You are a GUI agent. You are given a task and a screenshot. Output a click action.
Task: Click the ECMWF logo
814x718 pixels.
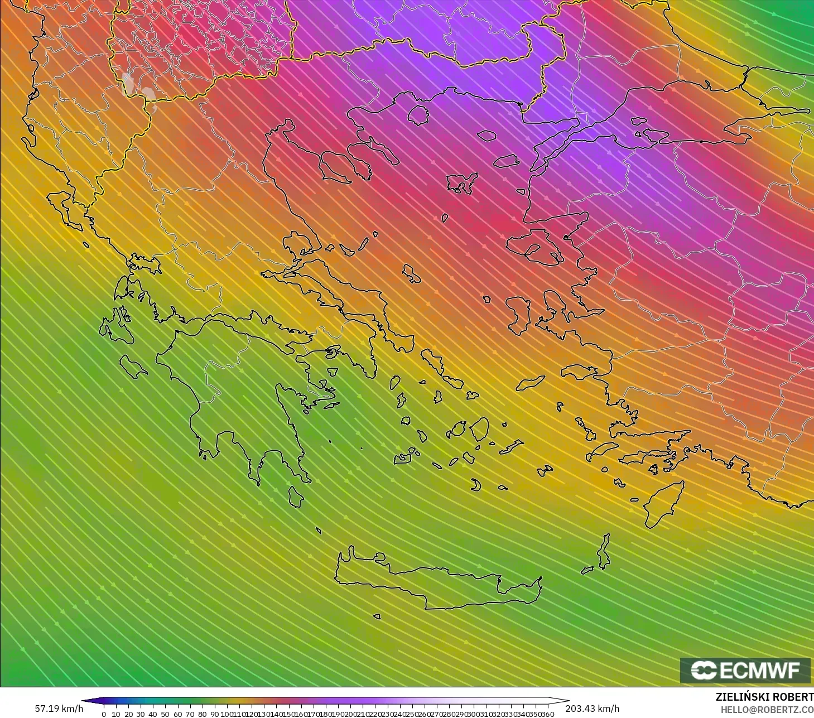coord(745,670)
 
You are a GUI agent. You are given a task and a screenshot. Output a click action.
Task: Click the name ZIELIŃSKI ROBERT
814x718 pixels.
coord(764,697)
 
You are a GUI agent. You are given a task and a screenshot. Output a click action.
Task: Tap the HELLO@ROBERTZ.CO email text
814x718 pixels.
coord(767,709)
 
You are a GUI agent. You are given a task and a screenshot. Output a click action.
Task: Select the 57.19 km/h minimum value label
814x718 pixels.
coord(59,709)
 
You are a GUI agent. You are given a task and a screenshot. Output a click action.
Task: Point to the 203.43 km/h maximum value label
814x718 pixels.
coord(592,709)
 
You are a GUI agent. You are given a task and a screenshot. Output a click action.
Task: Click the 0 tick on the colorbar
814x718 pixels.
coord(104,714)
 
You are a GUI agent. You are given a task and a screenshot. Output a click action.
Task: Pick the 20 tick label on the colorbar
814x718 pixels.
coord(128,714)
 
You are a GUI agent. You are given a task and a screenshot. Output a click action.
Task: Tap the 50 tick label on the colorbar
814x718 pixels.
coord(165,714)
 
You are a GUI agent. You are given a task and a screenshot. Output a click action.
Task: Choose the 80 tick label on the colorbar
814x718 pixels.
coord(202,714)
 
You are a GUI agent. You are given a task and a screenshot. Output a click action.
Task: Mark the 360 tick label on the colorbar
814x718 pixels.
coord(547,714)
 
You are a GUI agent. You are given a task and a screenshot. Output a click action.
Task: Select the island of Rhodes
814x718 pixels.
coord(664,502)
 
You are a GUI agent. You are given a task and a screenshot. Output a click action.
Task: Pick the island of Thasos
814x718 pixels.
coord(418,115)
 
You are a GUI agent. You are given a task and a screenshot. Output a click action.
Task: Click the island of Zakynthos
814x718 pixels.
coord(133,366)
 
